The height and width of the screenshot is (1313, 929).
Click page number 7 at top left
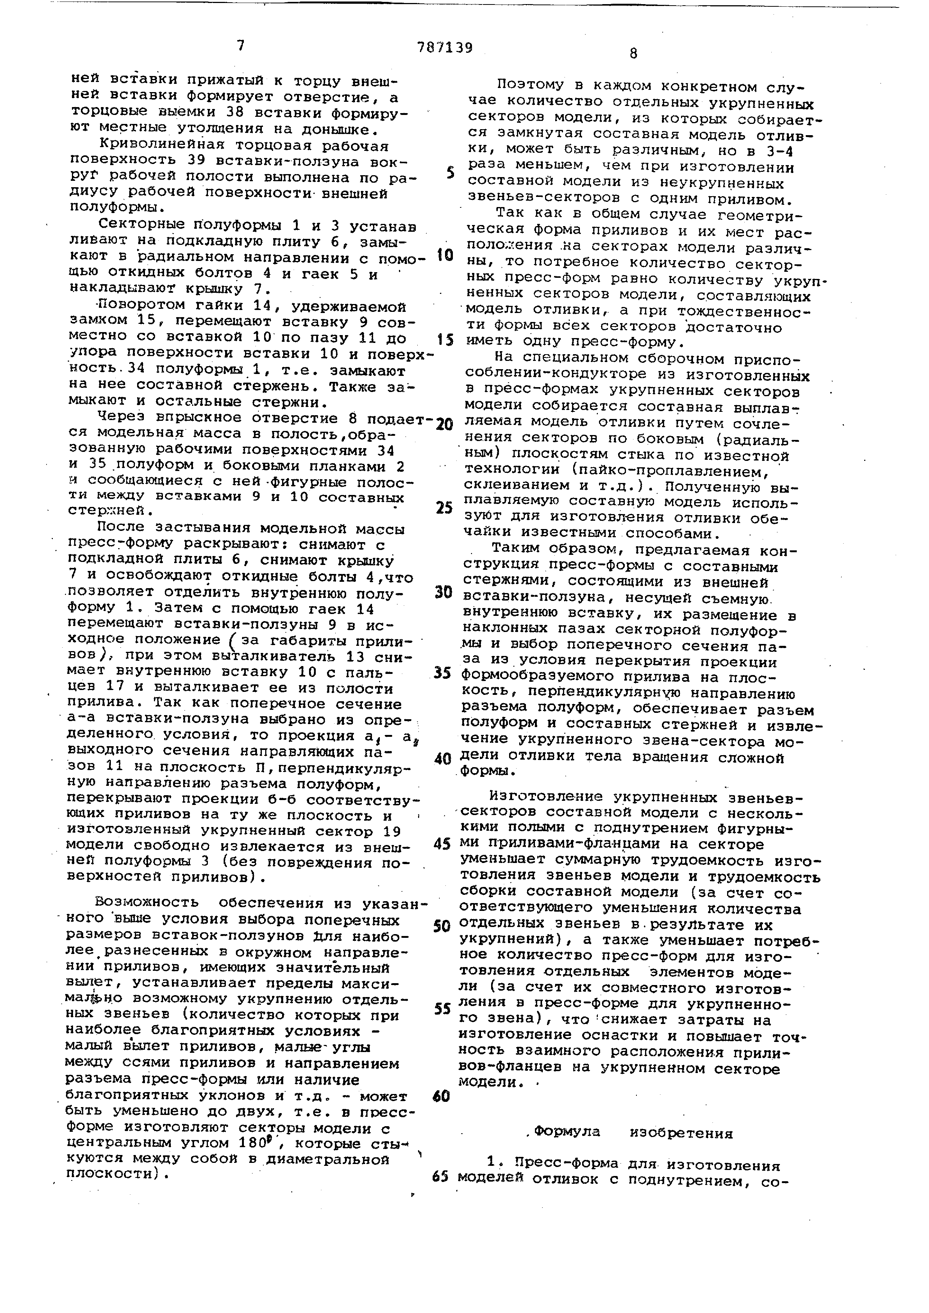241,46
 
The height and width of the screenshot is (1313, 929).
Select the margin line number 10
445,255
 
